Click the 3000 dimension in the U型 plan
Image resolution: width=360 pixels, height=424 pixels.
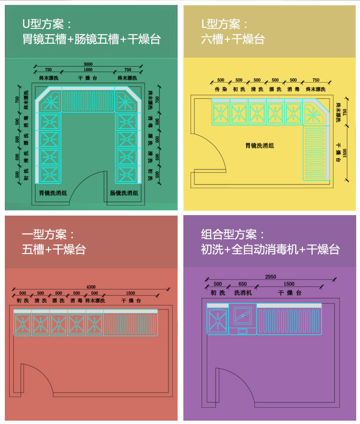pyautogui.click(x=88, y=64)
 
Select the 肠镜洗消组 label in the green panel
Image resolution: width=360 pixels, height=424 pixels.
pyautogui.click(x=124, y=193)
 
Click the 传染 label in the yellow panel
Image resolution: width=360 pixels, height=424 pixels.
pyautogui.click(x=220, y=89)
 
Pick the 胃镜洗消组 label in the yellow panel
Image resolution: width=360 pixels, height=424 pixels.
pyautogui.click(x=260, y=145)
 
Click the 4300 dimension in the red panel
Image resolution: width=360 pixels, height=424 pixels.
pyautogui.click(x=91, y=287)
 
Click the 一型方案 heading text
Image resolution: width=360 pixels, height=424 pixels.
pyautogui.click(x=48, y=234)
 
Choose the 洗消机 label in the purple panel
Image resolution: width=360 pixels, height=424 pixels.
pyautogui.click(x=243, y=292)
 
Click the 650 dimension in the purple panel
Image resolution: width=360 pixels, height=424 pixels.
pyautogui.click(x=242, y=284)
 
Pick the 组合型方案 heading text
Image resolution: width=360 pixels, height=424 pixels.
pyautogui.click(x=233, y=234)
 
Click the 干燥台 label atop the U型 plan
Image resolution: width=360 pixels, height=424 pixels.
pyautogui.click(x=88, y=78)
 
